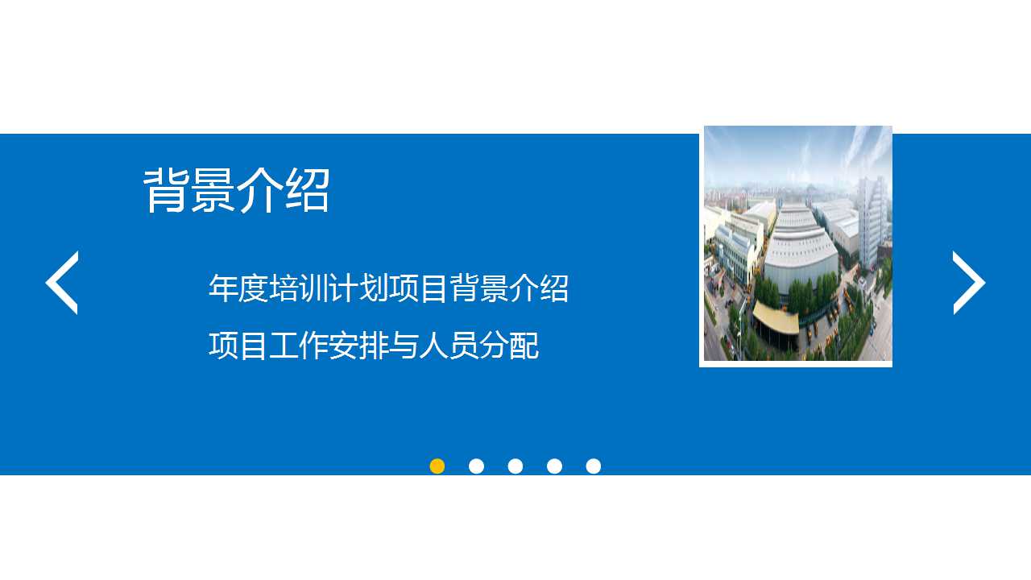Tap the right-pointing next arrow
[x=969, y=283]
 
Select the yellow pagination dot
[x=437, y=466]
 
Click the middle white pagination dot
[x=515, y=466]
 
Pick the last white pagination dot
[x=594, y=466]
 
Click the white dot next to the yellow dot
[x=476, y=466]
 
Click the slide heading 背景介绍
[x=237, y=191]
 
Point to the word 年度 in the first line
[x=238, y=288]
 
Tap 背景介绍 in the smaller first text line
[x=509, y=288]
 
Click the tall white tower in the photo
[x=870, y=222]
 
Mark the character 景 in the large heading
[x=213, y=191]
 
